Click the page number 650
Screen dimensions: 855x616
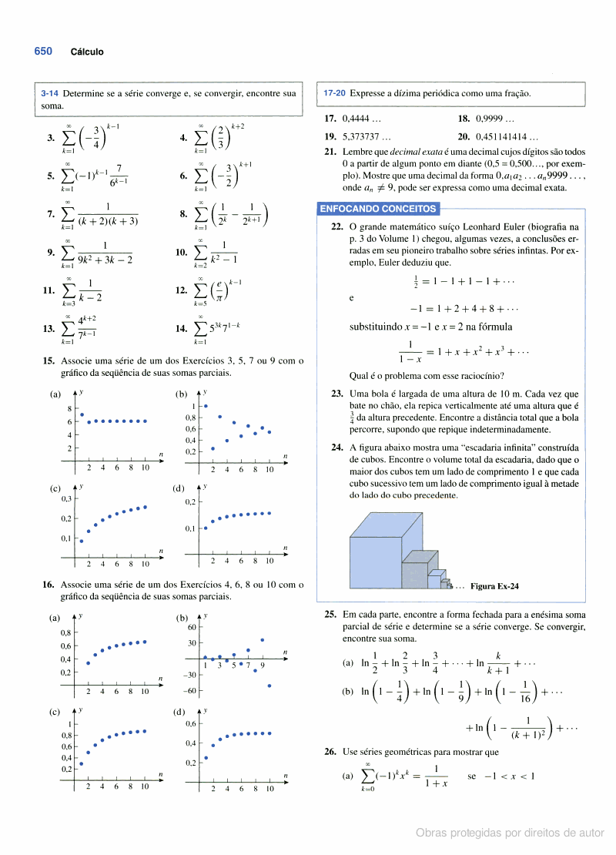click(x=43, y=52)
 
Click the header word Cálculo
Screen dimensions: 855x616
click(x=87, y=52)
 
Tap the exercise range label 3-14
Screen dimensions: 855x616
click(x=49, y=94)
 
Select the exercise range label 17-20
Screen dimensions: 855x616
click(x=334, y=94)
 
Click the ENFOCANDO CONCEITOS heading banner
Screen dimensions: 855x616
click(x=378, y=209)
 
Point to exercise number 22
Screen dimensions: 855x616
click(x=336, y=227)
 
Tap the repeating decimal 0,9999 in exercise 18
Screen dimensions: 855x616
click(x=483, y=119)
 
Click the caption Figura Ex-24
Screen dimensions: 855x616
click(x=494, y=586)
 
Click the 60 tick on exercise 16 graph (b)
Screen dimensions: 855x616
click(x=193, y=627)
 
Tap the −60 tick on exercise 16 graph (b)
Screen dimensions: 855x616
click(x=190, y=690)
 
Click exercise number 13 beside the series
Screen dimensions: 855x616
click(x=49, y=329)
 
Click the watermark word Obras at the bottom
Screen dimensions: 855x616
click(x=431, y=833)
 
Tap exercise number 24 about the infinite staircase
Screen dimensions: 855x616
click(x=336, y=447)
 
